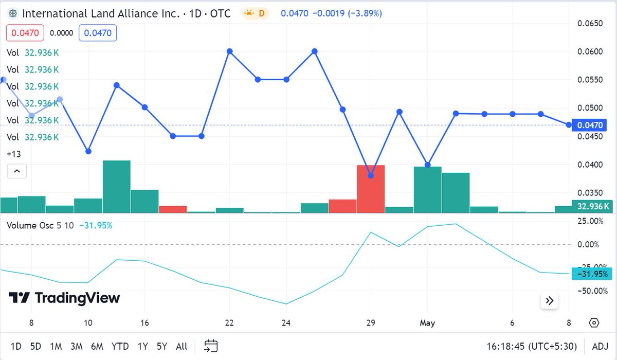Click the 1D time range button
(16, 346)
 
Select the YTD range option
(120, 346)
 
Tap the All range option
(182, 346)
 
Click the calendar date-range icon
(211, 346)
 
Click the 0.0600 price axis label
(589, 51)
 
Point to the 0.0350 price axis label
(589, 193)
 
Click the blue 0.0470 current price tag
(589, 125)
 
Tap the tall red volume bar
(371, 189)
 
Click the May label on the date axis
(427, 323)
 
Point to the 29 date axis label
(371, 323)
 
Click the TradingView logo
(64, 298)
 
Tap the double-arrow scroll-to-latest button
(549, 301)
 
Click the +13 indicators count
(13, 154)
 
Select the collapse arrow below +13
(16, 171)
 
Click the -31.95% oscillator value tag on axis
(591, 274)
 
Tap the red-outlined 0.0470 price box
(25, 33)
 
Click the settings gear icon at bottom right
(594, 323)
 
